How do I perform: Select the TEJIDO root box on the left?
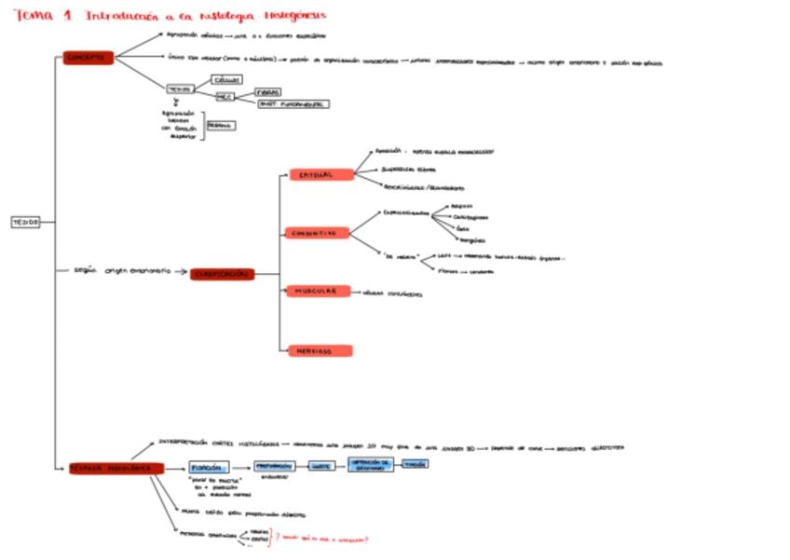25,222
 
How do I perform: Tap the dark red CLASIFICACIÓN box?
222,274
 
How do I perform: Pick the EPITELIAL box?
320,174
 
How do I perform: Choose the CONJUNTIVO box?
317,233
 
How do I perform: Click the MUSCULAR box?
318,291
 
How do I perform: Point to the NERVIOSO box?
318,350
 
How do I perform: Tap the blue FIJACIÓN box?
209,467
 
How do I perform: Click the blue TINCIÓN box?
415,463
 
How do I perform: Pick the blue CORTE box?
322,465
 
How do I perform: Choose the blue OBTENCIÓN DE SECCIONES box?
371,465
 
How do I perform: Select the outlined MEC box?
225,96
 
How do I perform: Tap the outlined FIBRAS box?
268,92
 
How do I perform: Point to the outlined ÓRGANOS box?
221,125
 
